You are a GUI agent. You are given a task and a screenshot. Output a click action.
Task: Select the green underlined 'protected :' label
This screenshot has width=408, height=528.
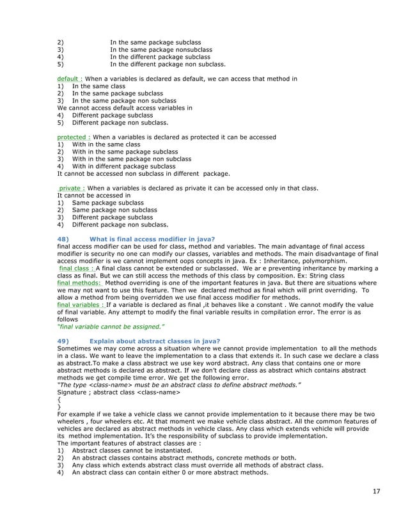click(x=74, y=137)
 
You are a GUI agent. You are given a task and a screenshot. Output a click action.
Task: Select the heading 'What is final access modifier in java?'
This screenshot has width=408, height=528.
click(x=152, y=239)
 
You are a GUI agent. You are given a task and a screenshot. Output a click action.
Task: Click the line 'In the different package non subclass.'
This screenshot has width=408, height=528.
click(x=168, y=64)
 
